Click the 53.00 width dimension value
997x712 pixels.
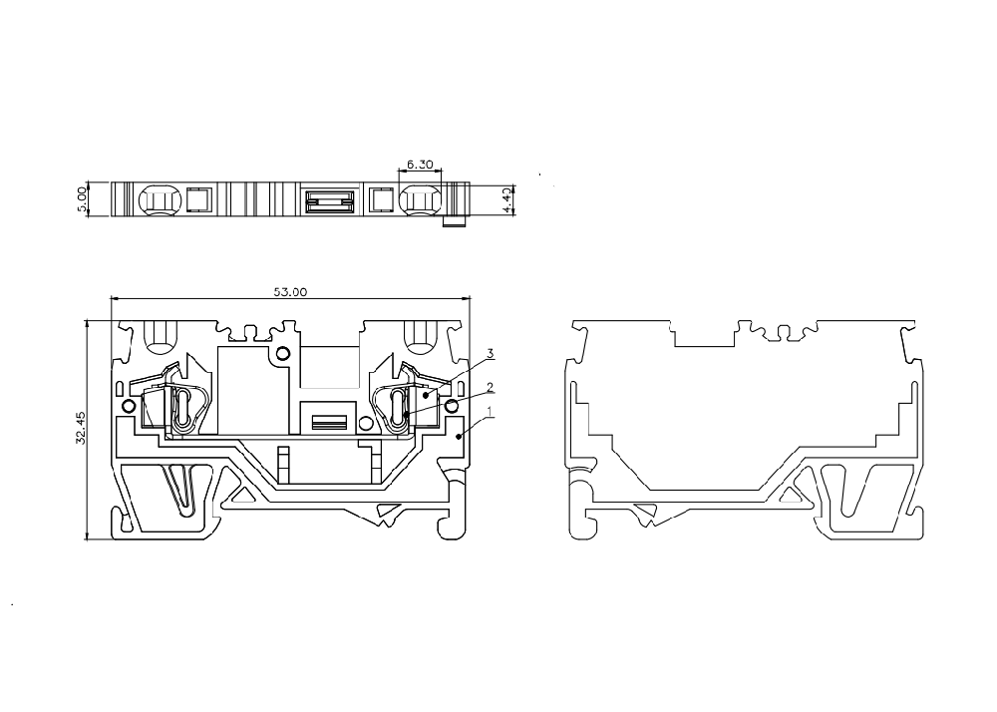(290, 292)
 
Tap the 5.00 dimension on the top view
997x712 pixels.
(81, 199)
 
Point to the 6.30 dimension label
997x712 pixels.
(420, 164)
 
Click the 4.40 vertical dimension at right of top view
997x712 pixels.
(506, 199)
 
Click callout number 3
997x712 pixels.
(491, 353)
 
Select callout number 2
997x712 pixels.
(491, 387)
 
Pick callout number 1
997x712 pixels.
(491, 412)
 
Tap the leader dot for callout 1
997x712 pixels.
(459, 436)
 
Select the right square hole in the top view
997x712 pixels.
(381, 199)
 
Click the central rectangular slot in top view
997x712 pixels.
(328, 199)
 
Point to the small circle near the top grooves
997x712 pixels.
(283, 353)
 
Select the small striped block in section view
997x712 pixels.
(328, 422)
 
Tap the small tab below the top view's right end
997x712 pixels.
(455, 221)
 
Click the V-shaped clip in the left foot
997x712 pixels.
(181, 490)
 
